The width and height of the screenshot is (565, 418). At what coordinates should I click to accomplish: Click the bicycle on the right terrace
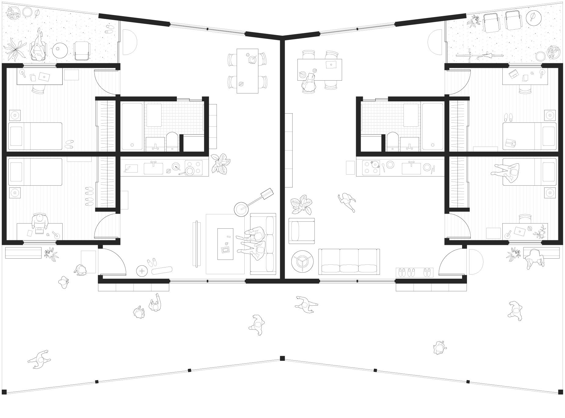(x=479, y=56)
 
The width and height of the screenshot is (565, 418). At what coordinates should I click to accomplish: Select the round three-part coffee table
(x=302, y=261)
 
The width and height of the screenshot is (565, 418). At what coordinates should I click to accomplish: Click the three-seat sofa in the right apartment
(x=349, y=261)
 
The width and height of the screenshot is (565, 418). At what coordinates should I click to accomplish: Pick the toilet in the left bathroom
(x=172, y=142)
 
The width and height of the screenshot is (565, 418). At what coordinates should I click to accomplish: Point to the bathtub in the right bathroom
(x=432, y=126)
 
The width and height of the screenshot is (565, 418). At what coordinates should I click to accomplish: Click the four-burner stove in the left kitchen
(x=193, y=168)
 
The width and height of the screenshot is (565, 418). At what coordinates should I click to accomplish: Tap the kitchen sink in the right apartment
(x=411, y=168)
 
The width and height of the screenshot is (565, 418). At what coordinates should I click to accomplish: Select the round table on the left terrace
(x=60, y=50)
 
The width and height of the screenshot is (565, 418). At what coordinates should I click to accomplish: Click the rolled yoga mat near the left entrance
(x=162, y=271)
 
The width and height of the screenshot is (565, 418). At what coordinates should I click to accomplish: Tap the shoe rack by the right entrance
(x=414, y=272)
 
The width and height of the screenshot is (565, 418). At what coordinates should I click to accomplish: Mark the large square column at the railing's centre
(x=282, y=358)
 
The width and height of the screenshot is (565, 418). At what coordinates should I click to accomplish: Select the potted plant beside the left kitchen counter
(x=221, y=163)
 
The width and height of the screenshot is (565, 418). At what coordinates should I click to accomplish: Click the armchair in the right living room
(x=301, y=231)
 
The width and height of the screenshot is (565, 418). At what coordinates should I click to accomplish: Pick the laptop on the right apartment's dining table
(x=331, y=65)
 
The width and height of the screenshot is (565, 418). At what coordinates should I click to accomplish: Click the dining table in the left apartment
(x=247, y=71)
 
